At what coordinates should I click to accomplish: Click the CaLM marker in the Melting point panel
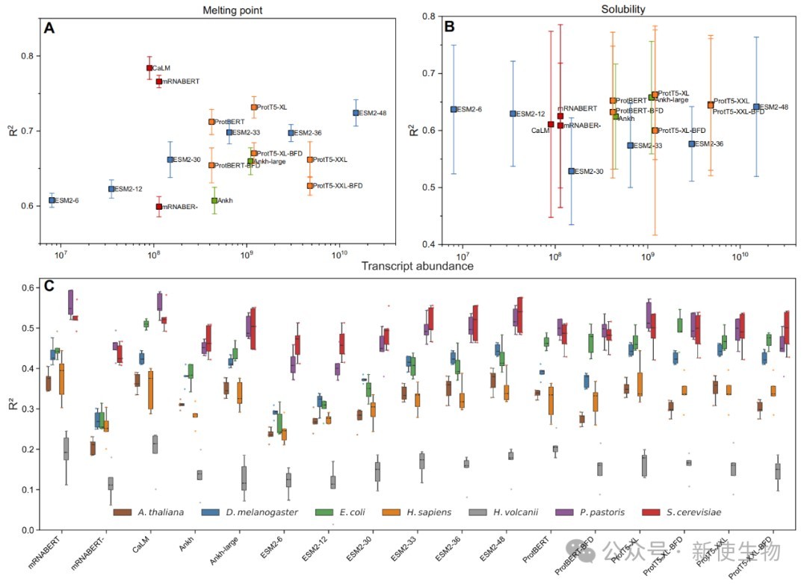(x=149, y=68)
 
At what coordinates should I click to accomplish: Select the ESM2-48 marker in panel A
(x=356, y=113)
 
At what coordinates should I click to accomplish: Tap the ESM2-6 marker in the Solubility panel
(x=454, y=109)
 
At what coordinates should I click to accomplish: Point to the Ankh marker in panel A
(x=214, y=200)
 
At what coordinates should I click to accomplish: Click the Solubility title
(x=623, y=9)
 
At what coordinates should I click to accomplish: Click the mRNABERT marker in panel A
(x=158, y=81)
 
